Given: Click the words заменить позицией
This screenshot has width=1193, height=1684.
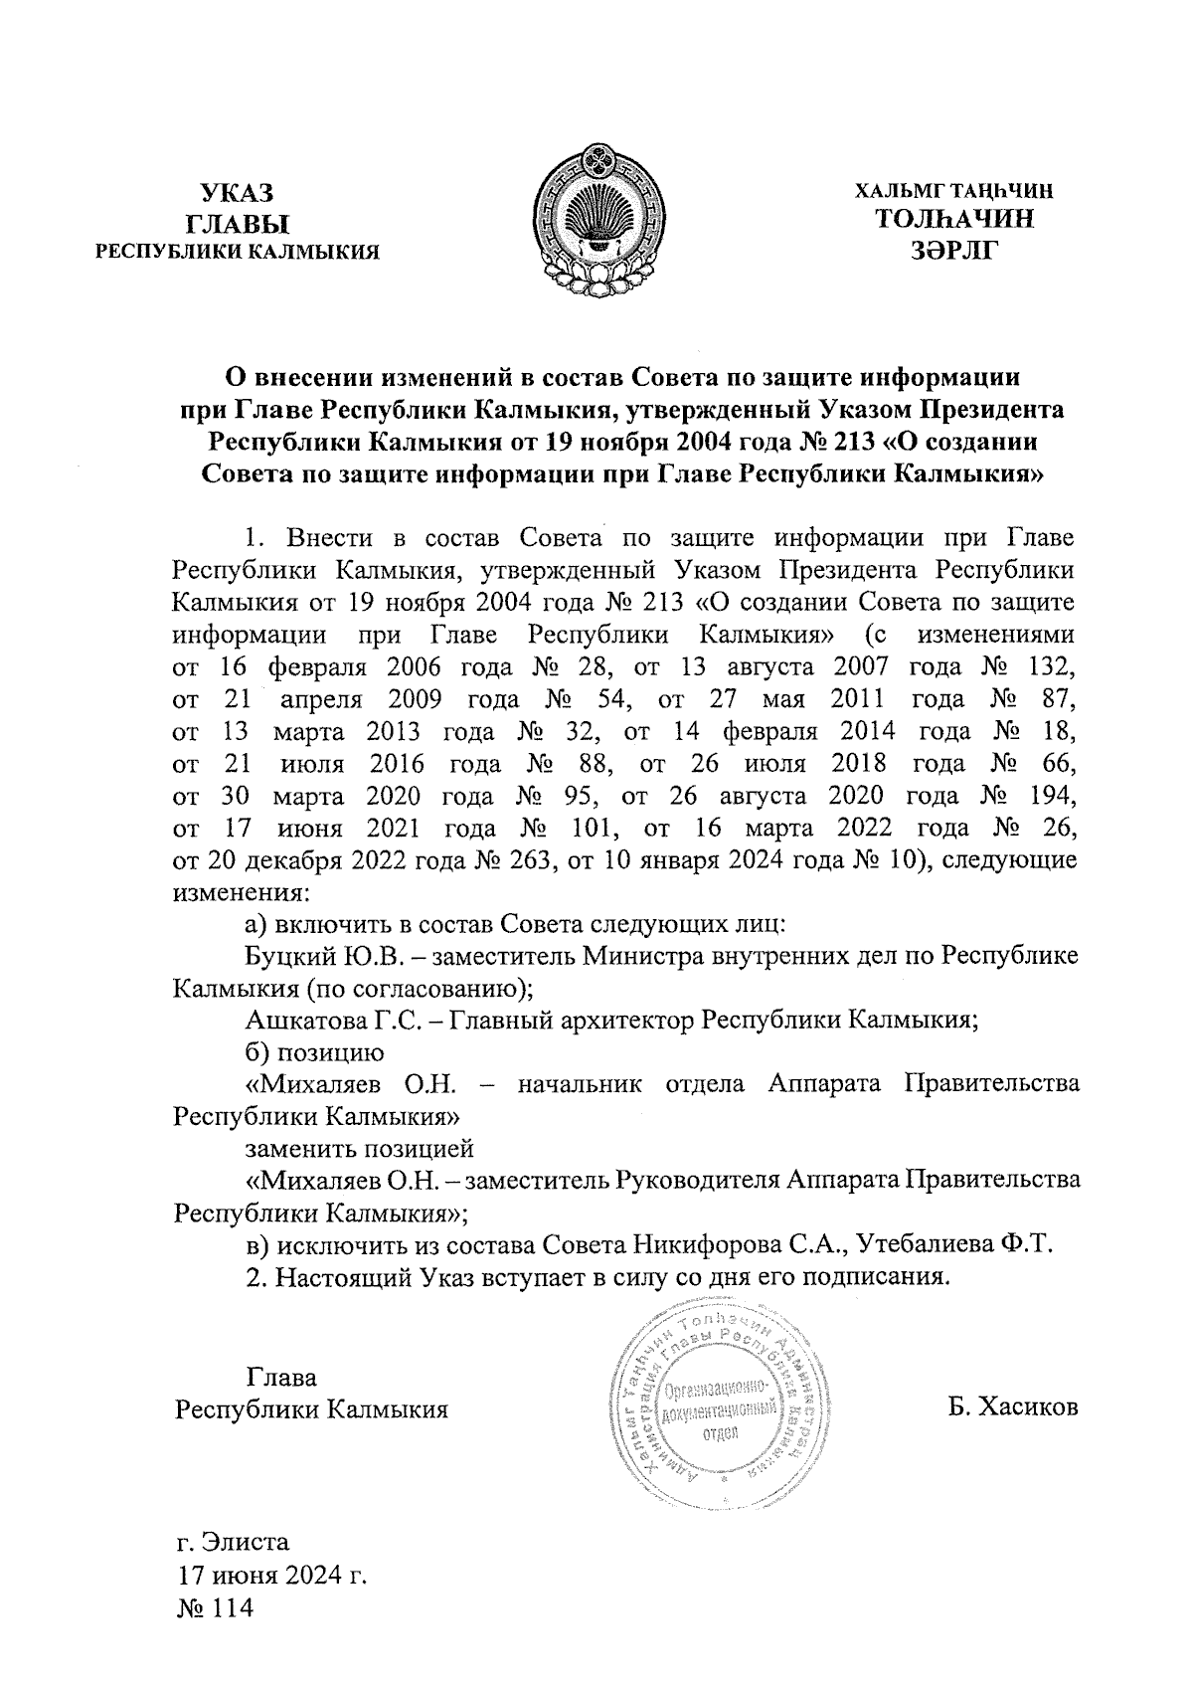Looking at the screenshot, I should pyautogui.click(x=359, y=1149).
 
